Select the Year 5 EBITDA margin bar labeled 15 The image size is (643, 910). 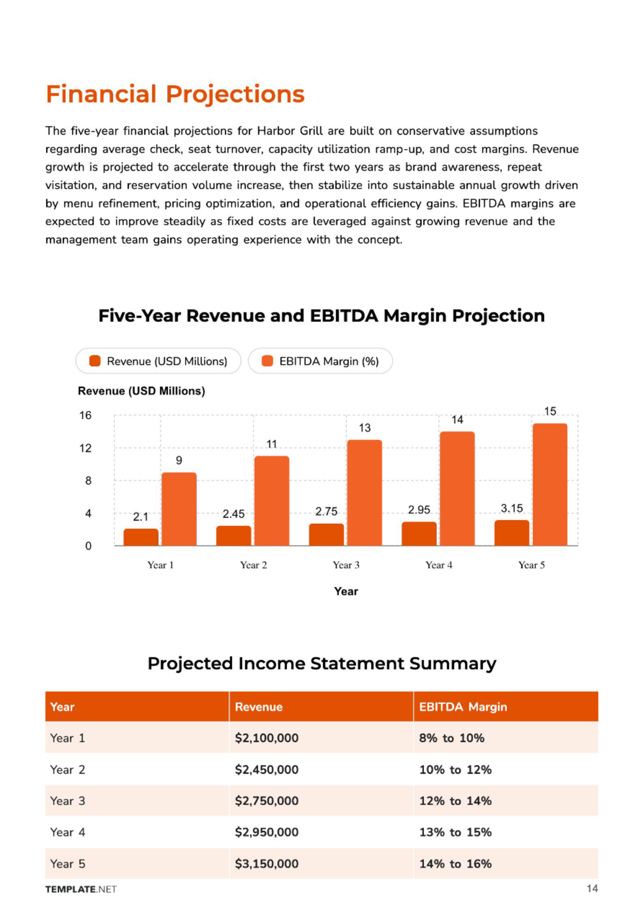tap(549, 484)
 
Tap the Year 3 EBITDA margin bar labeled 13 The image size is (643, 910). tap(365, 493)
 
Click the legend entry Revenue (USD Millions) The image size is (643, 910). tap(158, 361)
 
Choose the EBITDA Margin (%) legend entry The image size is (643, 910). tap(320, 361)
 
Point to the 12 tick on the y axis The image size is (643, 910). tap(86, 448)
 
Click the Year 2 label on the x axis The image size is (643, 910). tap(254, 565)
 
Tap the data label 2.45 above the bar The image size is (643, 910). tap(233, 514)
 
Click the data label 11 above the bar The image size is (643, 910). tap(271, 444)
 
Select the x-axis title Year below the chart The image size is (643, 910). tap(346, 591)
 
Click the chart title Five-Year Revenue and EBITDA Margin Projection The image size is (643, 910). tap(322, 316)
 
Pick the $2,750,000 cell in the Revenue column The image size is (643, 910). tap(267, 801)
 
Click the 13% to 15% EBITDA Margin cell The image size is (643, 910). tap(455, 832)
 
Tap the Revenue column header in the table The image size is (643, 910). tap(259, 707)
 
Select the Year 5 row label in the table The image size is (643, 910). tap(68, 864)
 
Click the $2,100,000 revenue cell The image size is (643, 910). tap(267, 738)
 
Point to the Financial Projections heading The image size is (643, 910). tap(175, 94)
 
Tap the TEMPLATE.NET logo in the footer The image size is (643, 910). tap(81, 889)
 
